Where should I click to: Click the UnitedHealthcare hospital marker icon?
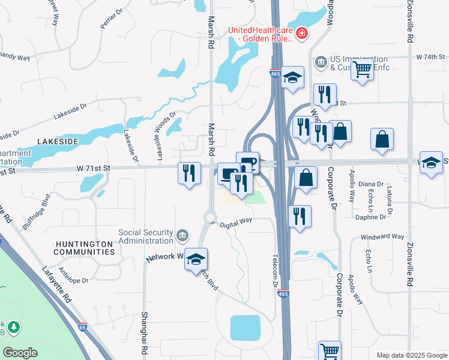[302, 34]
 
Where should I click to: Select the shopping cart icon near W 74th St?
[362, 70]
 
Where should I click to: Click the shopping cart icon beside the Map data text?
[330, 351]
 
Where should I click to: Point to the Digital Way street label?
[236, 222]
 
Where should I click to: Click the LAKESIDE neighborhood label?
[58, 141]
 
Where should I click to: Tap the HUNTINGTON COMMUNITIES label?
[83, 248]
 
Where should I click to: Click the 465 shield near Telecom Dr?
[282, 294]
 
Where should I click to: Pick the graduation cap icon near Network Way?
[196, 260]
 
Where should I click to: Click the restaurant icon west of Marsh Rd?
[189, 173]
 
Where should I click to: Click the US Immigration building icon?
[321, 62]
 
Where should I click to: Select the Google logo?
[20, 353]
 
